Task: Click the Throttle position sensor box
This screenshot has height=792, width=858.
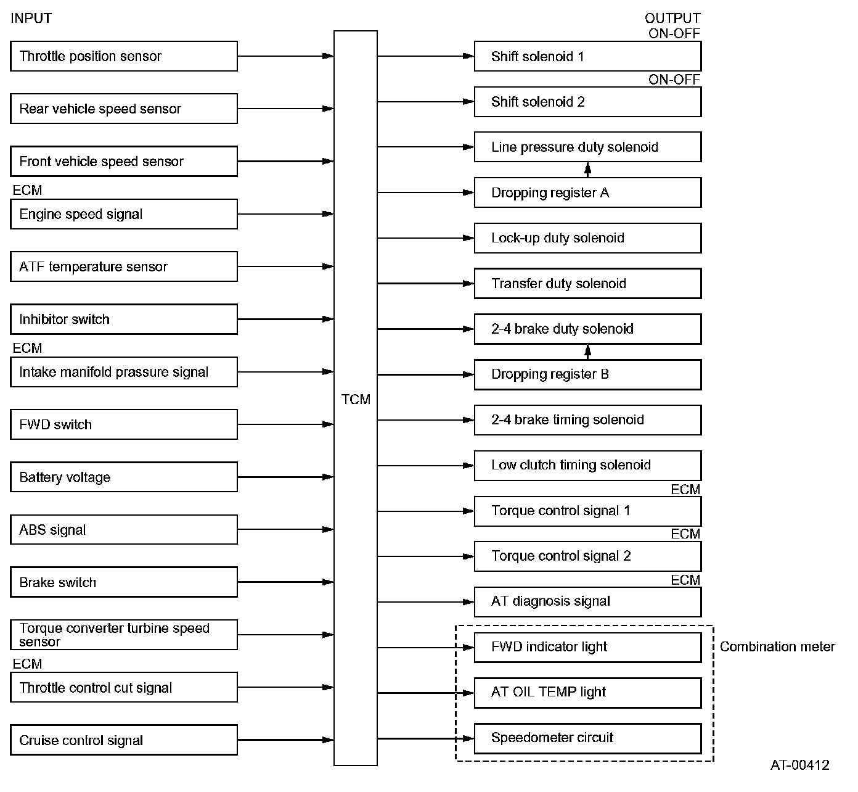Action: pyautogui.click(x=123, y=56)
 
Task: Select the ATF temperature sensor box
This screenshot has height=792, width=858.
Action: pyautogui.click(x=123, y=266)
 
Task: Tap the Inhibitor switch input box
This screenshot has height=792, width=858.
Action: pyautogui.click(x=123, y=319)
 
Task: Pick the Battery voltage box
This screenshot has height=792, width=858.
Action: pyautogui.click(x=123, y=477)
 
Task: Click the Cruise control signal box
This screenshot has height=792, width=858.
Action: pyautogui.click(x=123, y=740)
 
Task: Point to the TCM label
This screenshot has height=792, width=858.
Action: pyautogui.click(x=356, y=400)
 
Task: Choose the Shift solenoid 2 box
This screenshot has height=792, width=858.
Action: pyautogui.click(x=587, y=102)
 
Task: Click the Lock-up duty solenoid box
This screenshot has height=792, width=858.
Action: pyautogui.click(x=587, y=238)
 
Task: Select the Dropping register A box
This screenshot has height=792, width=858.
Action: pyautogui.click(x=587, y=192)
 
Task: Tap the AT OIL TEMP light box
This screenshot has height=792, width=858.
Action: pyautogui.click(x=587, y=692)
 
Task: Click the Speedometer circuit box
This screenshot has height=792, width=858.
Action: pyautogui.click(x=587, y=738)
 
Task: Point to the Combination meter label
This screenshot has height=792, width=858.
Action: pyautogui.click(x=777, y=646)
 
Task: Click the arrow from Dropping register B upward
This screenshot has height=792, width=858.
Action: pyautogui.click(x=587, y=352)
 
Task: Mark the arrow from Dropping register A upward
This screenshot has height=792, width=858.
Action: pyautogui.click(x=587, y=170)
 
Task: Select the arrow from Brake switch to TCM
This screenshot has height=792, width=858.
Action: pyautogui.click(x=285, y=582)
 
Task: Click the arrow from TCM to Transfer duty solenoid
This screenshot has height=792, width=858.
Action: pyautogui.click(x=425, y=283)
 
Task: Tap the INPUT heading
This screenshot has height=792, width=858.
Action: pyautogui.click(x=31, y=19)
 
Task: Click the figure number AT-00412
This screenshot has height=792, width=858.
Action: pyautogui.click(x=799, y=765)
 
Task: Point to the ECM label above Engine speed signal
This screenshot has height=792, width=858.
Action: pyautogui.click(x=27, y=190)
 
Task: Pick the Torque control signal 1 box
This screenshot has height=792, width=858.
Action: pyautogui.click(x=587, y=511)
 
